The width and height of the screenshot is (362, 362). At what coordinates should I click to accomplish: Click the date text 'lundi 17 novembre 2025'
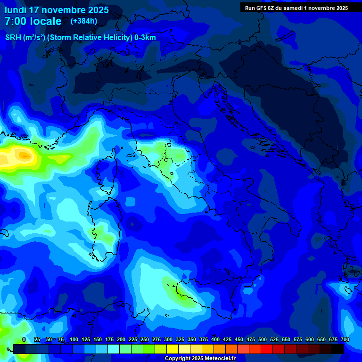click(57, 10)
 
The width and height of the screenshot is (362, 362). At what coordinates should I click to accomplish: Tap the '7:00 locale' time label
click(33, 21)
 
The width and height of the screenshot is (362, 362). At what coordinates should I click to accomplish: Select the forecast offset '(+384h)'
click(84, 21)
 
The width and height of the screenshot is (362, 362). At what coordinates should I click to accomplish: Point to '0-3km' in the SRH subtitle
click(145, 38)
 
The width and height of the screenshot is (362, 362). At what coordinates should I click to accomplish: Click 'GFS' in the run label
click(262, 8)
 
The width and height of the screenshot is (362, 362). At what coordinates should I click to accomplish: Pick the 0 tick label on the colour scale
click(24, 339)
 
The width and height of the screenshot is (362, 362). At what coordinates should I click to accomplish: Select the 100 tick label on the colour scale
click(74, 339)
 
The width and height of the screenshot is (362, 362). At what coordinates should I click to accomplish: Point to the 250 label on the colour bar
click(145, 339)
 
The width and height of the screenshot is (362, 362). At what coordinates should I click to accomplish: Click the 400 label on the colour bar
click(215, 339)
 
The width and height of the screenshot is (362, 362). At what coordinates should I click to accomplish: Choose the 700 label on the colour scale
click(345, 339)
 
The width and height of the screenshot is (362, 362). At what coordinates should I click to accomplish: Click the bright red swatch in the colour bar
click(267, 349)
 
